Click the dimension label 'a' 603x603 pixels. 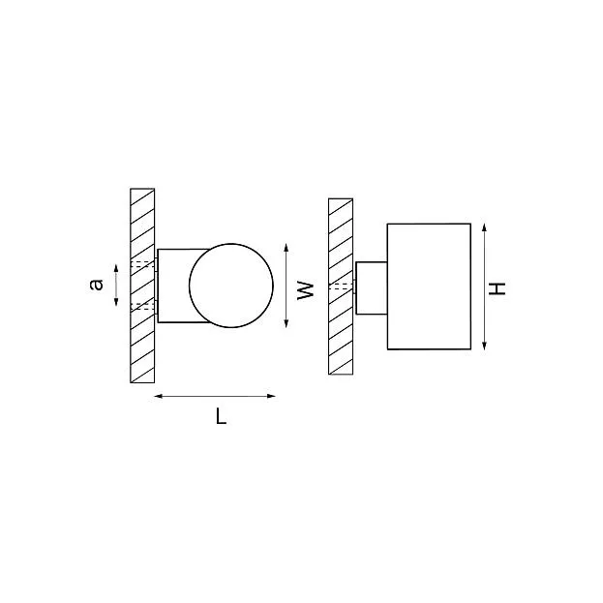click(96, 285)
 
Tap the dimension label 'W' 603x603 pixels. click(306, 290)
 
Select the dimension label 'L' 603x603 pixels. click(221, 416)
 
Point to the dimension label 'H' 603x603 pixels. click(497, 288)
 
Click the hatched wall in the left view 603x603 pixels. click(142, 286)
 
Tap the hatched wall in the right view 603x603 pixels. click(341, 286)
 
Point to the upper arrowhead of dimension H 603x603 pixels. click(484, 226)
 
